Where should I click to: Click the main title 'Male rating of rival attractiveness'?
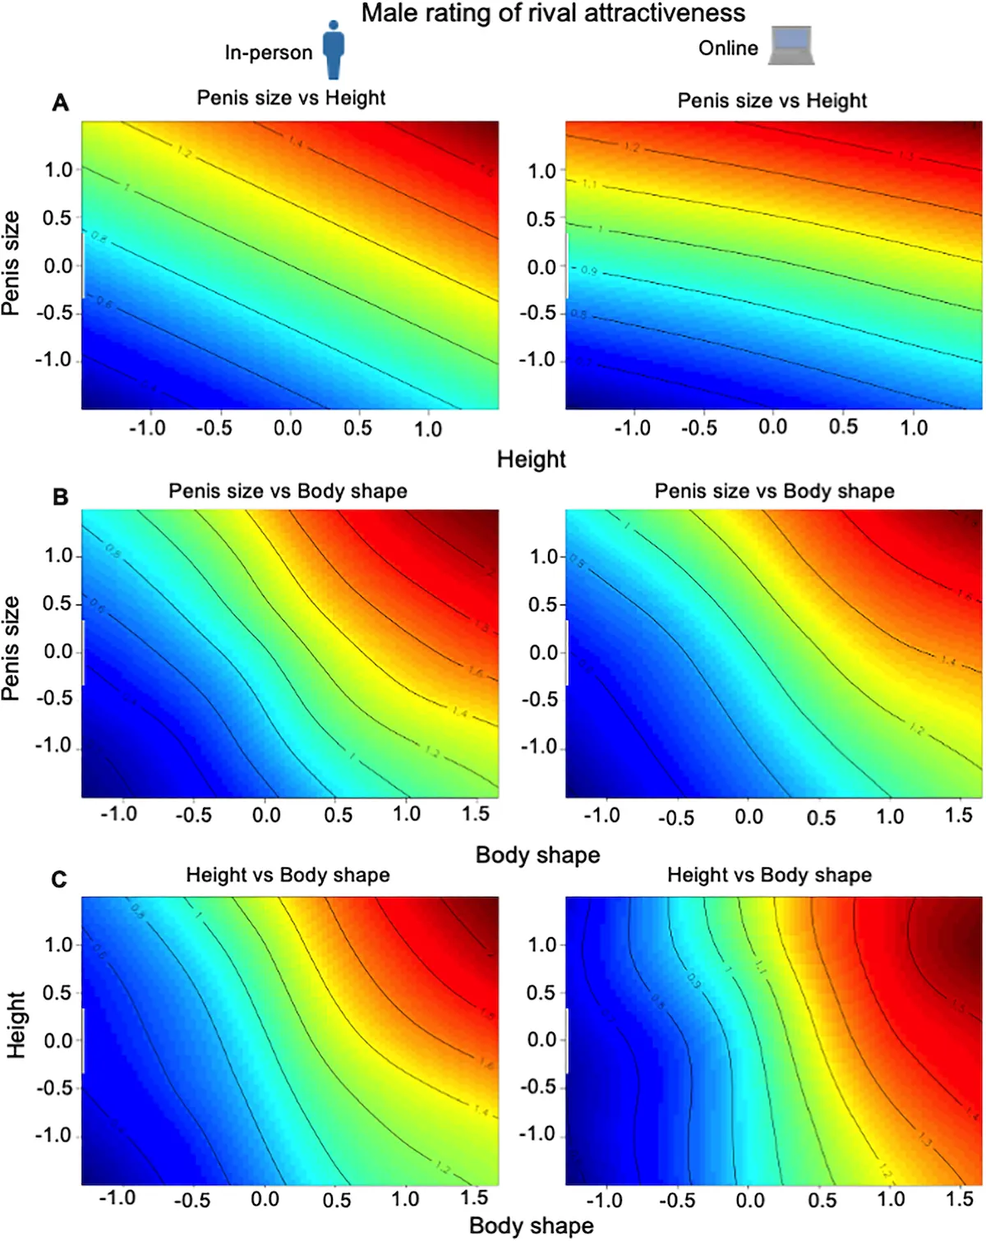coord(553,13)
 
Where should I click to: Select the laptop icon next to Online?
coord(792,45)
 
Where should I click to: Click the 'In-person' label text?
coord(269,53)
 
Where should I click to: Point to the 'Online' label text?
coord(728,48)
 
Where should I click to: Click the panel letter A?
coord(60,103)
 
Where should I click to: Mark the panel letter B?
coord(60,497)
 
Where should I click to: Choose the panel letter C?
coord(59,880)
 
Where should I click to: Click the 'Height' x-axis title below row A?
coord(531,459)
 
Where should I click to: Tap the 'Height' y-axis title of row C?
coord(16,1024)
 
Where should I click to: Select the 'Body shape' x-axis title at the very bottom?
coord(531,1225)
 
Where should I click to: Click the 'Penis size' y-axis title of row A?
coord(11,263)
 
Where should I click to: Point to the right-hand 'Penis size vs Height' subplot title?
coord(772,100)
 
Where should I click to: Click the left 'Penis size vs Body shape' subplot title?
coord(288,491)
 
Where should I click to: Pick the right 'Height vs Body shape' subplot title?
coord(769,875)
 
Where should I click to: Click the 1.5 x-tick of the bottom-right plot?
coord(959,1199)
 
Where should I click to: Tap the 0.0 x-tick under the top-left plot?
coord(288,428)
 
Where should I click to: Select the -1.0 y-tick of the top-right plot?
coord(538,360)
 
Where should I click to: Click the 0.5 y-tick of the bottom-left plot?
coord(58,992)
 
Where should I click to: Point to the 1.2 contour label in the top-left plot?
coord(184,152)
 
